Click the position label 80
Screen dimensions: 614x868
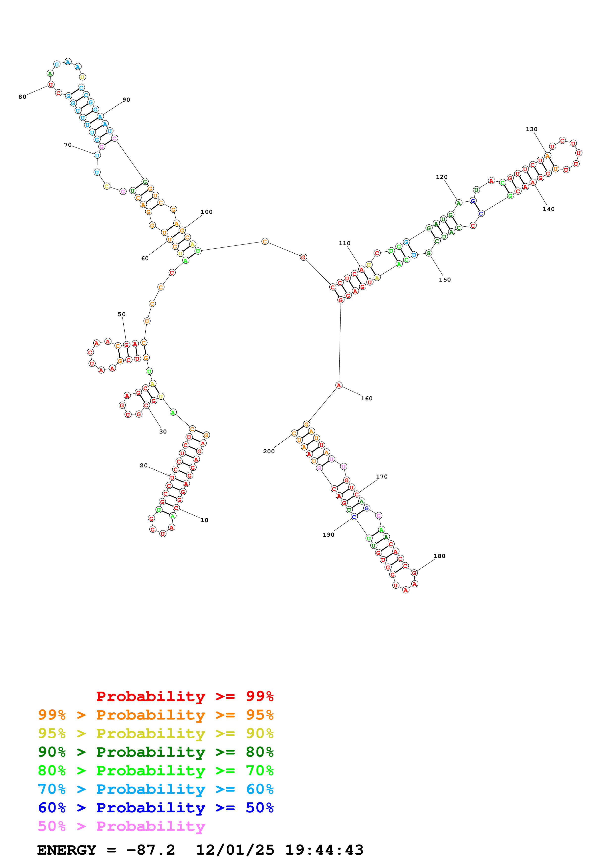[22, 97]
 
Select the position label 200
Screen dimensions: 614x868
[268, 451]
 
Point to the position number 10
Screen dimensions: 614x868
[204, 520]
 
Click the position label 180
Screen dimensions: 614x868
[439, 556]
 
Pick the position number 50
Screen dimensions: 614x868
[121, 314]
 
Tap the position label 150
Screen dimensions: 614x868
[445, 280]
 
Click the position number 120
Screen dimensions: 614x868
[441, 177]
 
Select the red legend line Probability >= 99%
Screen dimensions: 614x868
[185, 696]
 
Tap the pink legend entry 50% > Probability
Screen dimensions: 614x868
[121, 826]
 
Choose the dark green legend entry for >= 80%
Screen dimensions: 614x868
[156, 752]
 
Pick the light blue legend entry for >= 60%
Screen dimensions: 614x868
[156, 789]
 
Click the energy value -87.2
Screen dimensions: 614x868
[151, 850]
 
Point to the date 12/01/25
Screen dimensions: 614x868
[235, 850]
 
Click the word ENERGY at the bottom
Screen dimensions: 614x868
[67, 850]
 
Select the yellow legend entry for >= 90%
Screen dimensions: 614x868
[156, 733]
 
